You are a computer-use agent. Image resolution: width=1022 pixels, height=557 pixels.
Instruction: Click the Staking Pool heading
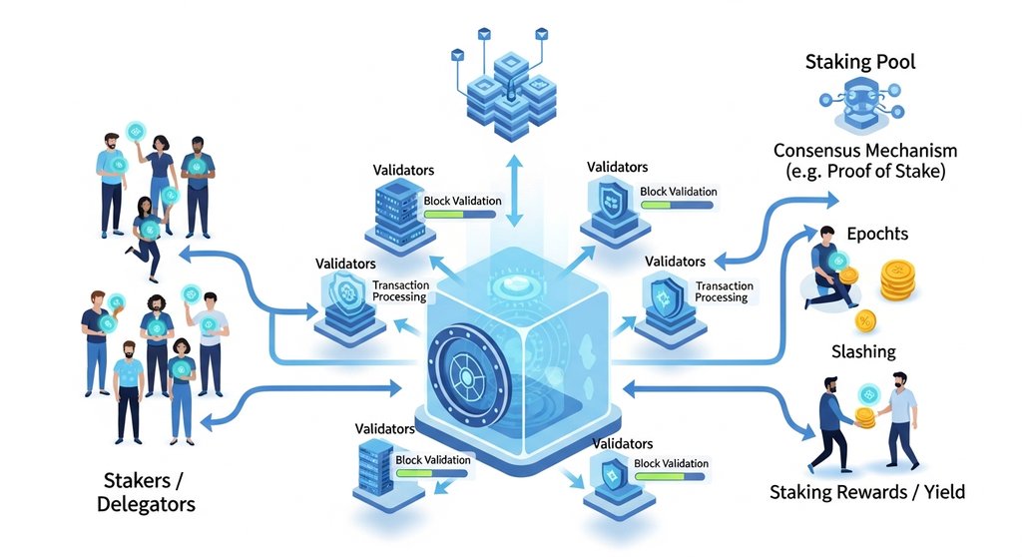pyautogui.click(x=860, y=63)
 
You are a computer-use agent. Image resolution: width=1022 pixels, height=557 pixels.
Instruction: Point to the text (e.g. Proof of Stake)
pyautogui.click(x=865, y=172)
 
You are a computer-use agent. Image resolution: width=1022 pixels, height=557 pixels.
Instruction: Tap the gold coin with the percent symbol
pyautogui.click(x=865, y=320)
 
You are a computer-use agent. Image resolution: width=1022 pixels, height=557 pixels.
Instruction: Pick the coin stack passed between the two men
pyautogui.click(x=865, y=418)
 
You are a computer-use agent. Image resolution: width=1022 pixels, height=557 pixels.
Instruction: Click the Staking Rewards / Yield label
pyautogui.click(x=866, y=492)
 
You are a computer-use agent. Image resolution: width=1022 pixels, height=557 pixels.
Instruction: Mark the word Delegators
pyautogui.click(x=146, y=504)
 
